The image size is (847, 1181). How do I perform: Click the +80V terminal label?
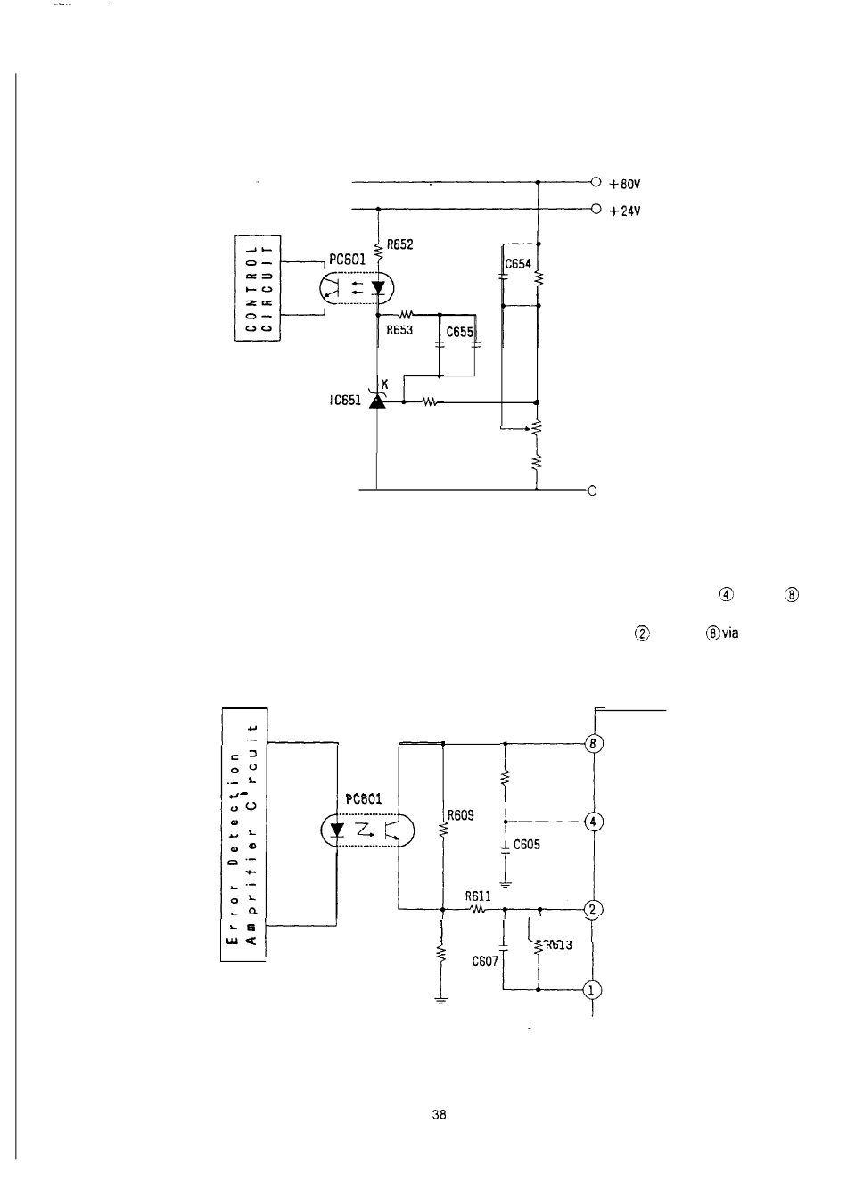(626, 186)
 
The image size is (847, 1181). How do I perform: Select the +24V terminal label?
(626, 211)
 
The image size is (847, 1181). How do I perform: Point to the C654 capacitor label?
(518, 264)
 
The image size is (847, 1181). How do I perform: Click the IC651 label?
(342, 401)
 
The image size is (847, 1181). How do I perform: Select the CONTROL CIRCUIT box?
(258, 288)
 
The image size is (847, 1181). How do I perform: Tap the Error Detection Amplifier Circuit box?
(243, 834)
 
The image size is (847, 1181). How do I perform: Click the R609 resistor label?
(461, 814)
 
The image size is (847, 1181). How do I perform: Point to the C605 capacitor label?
(527, 845)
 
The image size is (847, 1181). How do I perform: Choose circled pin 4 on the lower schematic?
(593, 822)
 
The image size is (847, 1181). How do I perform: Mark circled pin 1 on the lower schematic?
(593, 988)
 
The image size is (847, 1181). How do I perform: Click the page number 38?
(438, 1114)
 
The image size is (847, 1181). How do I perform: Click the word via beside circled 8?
(730, 632)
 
